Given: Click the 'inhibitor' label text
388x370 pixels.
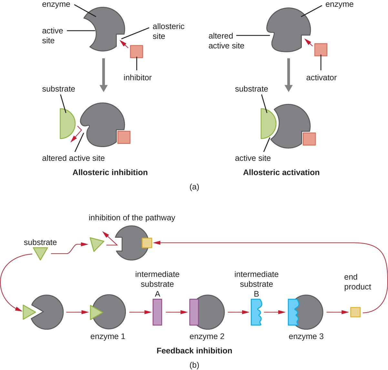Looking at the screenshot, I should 138,78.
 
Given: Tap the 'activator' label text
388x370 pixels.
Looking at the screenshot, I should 321,78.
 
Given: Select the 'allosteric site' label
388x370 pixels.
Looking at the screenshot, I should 168,31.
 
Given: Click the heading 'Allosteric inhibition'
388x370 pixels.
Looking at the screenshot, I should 110,173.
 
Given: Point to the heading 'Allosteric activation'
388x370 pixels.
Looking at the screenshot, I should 281,173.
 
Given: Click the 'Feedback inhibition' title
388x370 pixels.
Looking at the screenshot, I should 194,351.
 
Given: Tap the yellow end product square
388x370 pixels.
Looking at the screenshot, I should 355,312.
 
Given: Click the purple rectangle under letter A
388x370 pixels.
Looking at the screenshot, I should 157,312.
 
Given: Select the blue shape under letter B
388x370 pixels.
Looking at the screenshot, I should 256,312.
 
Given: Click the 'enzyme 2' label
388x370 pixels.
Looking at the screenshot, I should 207,336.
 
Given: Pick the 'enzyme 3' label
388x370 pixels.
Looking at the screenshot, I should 306,336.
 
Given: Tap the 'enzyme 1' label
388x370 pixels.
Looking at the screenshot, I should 107,336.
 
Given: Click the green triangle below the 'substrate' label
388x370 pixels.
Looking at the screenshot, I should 40,253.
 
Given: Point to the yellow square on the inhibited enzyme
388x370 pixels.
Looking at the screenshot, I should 147,243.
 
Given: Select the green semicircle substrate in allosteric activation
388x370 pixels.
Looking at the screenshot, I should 267,124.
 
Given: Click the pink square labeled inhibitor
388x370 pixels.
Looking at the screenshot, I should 137,52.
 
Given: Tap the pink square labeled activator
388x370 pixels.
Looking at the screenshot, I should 321,50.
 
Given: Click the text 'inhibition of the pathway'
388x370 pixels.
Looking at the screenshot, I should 132,218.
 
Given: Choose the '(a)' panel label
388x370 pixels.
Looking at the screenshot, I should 194,187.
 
